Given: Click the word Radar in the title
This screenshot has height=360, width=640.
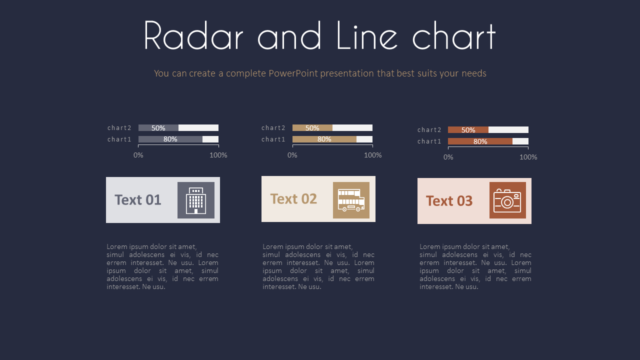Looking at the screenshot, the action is coord(193,35).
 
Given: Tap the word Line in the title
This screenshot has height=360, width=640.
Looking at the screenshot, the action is coord(367,35).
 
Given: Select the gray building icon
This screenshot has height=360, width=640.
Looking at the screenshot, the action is coord(196,200).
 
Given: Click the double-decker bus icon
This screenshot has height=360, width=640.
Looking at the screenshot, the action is coord(351,200).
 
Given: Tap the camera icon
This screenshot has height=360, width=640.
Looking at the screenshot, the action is coord(507,200).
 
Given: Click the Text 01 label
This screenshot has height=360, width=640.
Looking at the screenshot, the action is coord(137,199).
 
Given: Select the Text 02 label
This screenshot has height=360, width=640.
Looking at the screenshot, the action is coord(293,199).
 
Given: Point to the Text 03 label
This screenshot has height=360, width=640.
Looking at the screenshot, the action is coord(449,201).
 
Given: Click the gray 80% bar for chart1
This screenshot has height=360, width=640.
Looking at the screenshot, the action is coord(170,139).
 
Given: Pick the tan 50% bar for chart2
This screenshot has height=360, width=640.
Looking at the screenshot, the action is coord(312,127).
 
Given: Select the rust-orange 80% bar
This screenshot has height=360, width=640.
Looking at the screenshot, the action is coord(480,141).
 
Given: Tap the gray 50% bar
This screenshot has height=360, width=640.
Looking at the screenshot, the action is coord(158,127).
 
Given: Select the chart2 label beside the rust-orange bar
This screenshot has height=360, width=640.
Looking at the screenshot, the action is coord(429,129).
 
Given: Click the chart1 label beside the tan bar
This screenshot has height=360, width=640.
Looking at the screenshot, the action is coord(273,139).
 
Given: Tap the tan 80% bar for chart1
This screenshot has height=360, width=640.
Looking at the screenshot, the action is coord(324,139).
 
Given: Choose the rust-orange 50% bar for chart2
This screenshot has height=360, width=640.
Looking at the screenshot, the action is coord(468,129).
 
